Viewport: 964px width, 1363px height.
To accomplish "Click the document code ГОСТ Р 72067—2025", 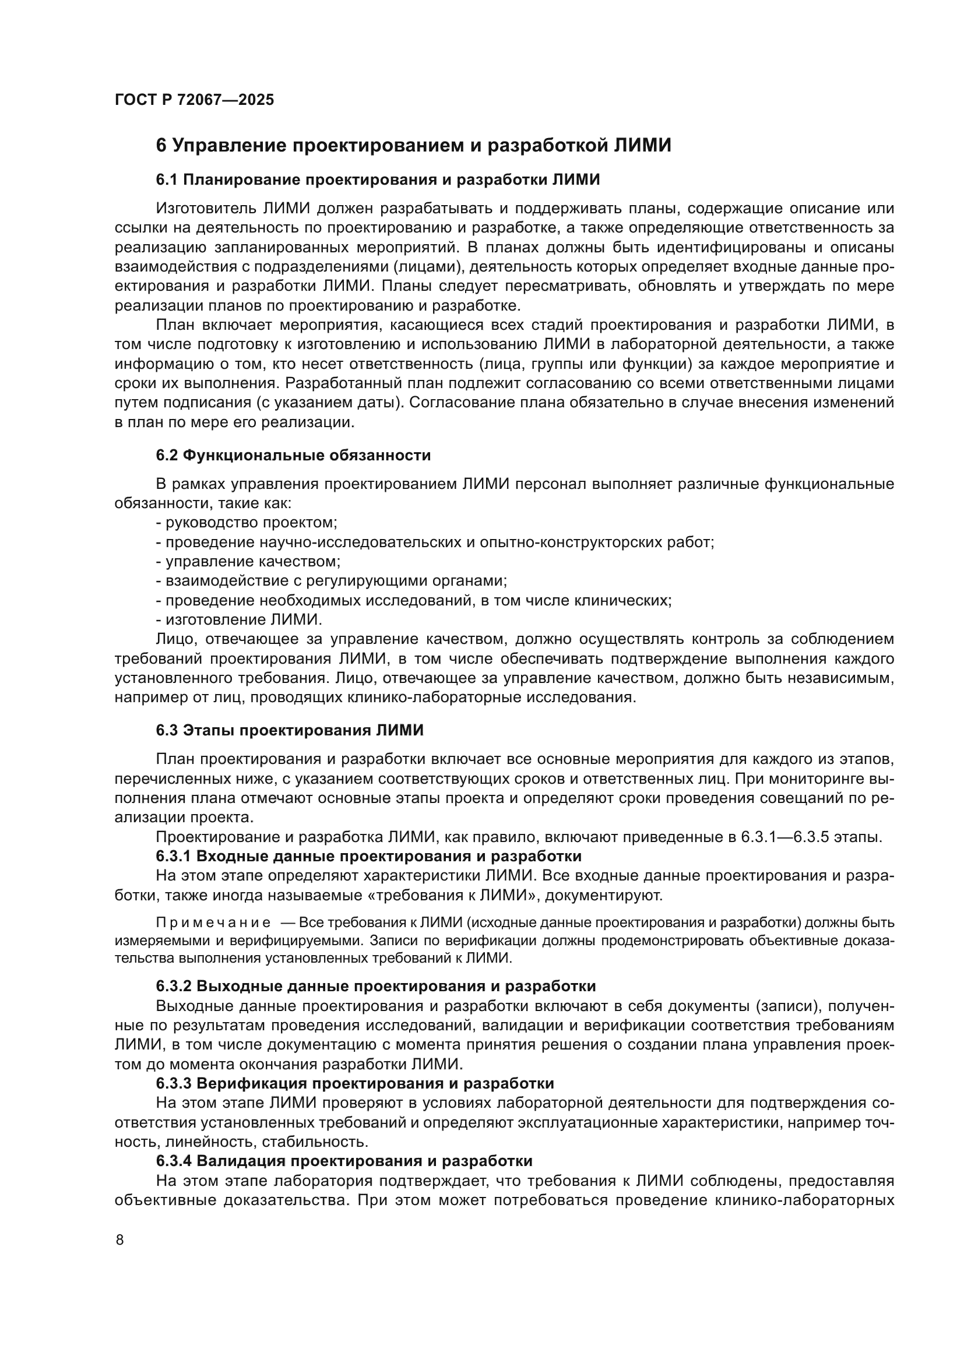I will [194, 100].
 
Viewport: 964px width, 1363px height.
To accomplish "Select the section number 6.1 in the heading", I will [167, 179].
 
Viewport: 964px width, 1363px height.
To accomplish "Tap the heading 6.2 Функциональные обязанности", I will [293, 455].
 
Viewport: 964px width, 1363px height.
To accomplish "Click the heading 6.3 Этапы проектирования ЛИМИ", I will [290, 730].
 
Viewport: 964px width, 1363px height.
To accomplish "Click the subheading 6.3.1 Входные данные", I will [368, 856].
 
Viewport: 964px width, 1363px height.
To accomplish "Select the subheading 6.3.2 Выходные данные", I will [375, 986].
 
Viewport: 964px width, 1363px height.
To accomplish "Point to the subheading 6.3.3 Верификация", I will [354, 1083].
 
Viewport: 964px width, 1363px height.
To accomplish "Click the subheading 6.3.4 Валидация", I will [344, 1161].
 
